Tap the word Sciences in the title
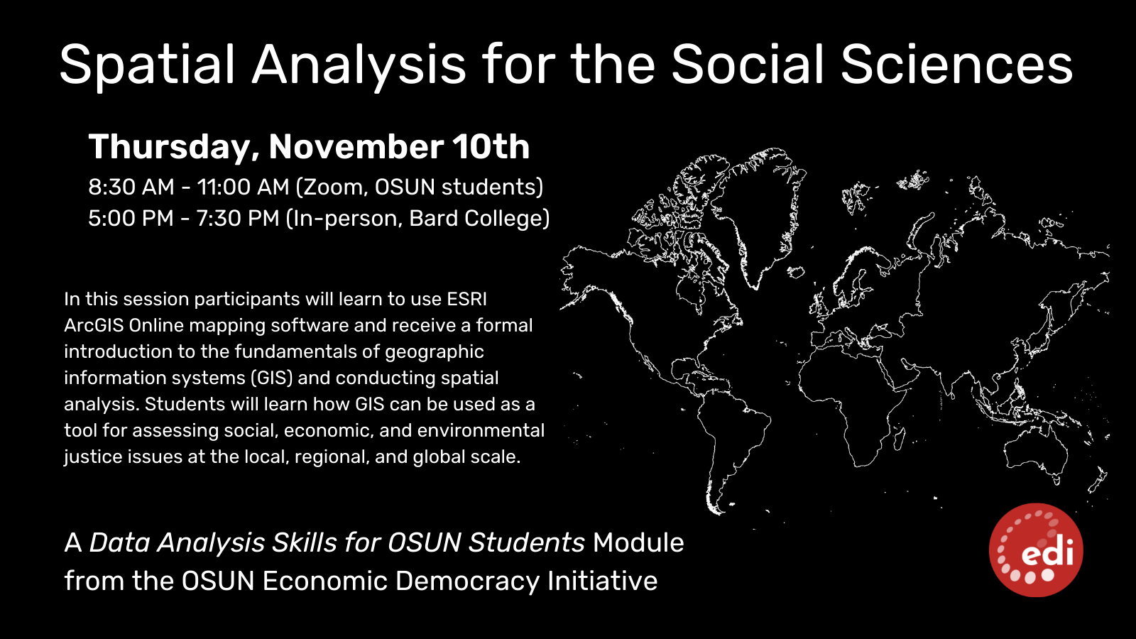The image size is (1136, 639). point(957,65)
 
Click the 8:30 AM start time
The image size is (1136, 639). point(131,187)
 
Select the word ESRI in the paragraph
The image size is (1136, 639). point(466,299)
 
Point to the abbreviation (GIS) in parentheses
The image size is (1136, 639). point(273,378)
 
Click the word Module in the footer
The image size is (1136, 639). point(638,542)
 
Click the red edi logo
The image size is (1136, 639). point(1036,550)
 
